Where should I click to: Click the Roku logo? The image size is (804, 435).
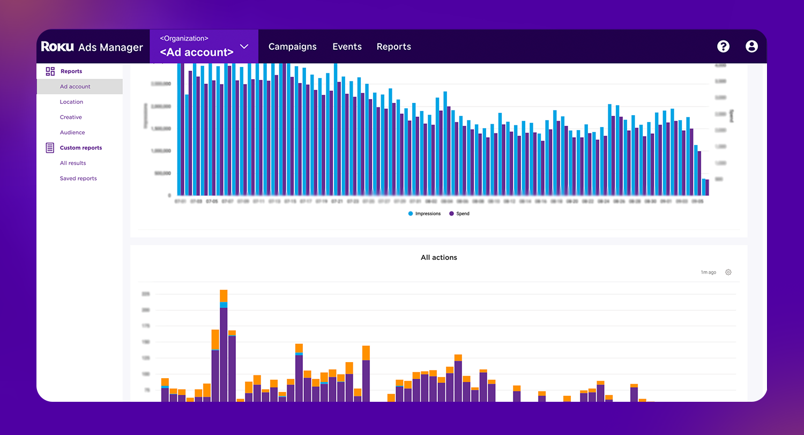pos(58,47)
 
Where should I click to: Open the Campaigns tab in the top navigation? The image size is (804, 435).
pos(292,47)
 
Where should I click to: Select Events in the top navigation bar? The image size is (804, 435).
pos(347,47)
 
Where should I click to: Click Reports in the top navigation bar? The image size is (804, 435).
pos(393,47)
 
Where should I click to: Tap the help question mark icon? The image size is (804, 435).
pos(723,47)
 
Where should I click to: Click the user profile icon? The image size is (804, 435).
pos(751,47)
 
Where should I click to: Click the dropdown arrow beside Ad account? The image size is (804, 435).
pos(244,47)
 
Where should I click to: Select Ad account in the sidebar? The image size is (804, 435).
pos(75,86)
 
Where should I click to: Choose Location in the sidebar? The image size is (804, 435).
pos(71,102)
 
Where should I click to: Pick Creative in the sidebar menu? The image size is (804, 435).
pos(71,117)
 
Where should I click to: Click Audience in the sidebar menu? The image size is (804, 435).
pos(72,132)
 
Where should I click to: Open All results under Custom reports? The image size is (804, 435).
pos(73,163)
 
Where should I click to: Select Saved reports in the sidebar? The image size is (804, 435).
pos(78,178)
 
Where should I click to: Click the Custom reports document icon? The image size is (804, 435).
pos(50,148)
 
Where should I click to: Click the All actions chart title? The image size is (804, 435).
pos(438,258)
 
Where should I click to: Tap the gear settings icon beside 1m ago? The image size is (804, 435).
pos(728,272)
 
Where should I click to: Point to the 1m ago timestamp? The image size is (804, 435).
pos(708,273)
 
